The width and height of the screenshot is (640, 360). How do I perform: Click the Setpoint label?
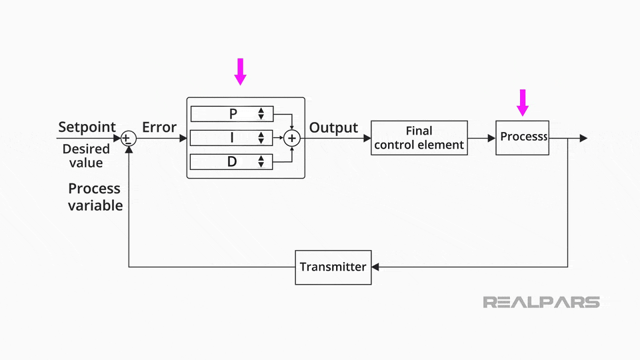pos(87,127)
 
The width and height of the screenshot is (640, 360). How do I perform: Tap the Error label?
pos(159,127)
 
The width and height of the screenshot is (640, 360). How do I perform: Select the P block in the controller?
pos(231,114)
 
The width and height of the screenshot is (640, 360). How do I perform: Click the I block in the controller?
pos(231,138)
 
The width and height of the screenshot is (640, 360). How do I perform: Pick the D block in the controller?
pos(231,161)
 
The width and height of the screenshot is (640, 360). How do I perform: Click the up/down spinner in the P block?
pos(261,114)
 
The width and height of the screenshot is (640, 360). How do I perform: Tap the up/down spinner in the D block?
pos(261,161)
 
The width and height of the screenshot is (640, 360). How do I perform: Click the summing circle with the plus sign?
pos(292,138)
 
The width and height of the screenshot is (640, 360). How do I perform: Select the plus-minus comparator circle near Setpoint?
pos(128,138)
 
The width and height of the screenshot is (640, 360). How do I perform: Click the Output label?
pos(333,127)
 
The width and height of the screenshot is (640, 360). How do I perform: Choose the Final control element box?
pos(419,138)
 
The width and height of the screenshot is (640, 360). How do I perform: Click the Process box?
pos(522,138)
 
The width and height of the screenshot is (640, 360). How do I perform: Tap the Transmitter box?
pos(333,267)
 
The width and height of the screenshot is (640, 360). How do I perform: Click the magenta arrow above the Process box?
pos(523,102)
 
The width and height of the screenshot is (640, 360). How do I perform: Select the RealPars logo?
pos(541,302)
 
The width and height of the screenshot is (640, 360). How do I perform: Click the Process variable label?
pos(95,197)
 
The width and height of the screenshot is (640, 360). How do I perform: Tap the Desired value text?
pos(86,156)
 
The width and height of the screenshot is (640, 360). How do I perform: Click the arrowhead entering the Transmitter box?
pos(375,267)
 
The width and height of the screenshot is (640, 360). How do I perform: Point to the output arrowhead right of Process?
pos(583,138)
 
